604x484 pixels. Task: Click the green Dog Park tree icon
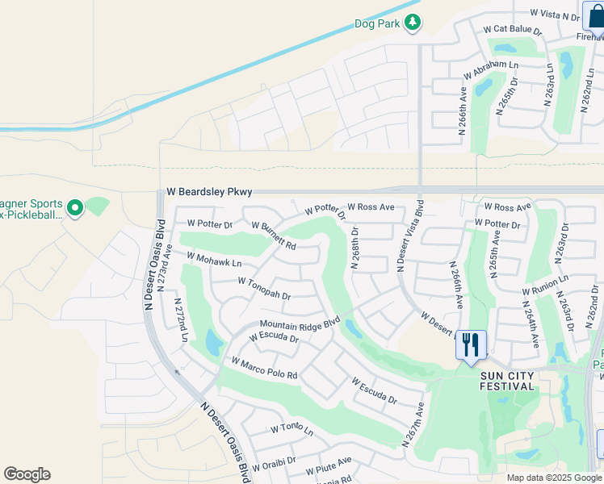coord(413,23)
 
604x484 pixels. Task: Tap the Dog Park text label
coord(377,24)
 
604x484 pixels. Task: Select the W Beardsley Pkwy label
coord(209,192)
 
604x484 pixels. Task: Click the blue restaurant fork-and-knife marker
coord(471,345)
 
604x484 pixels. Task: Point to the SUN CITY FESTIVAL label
coord(507,381)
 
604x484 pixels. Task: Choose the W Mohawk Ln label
coord(214,260)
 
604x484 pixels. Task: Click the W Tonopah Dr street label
coord(264,288)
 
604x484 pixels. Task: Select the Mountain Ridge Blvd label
coord(299,323)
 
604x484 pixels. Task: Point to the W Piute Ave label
coord(329,465)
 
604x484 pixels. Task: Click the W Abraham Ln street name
coord(490,69)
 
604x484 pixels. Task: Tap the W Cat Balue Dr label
coord(513,30)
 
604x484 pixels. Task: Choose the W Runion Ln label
coord(545,285)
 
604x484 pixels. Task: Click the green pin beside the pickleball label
coord(75,209)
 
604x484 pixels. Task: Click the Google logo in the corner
coord(27,474)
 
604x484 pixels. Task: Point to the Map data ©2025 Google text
coord(553,478)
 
